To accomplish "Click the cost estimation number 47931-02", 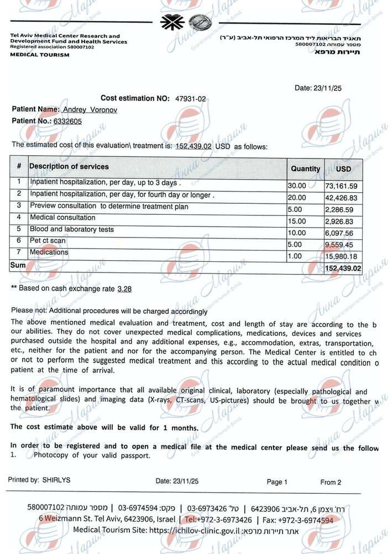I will point(190,98).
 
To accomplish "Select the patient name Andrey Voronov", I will point(90,109).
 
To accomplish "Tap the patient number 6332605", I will point(67,121).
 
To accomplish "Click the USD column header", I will point(343,168).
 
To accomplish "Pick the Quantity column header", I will point(305,168).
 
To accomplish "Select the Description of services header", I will point(69,166).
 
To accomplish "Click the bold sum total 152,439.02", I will point(343,268).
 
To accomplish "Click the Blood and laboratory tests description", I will point(72,229).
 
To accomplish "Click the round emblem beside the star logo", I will point(196,23).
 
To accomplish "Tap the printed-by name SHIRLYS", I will point(56,480).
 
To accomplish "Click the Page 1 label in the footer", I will point(277,482).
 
